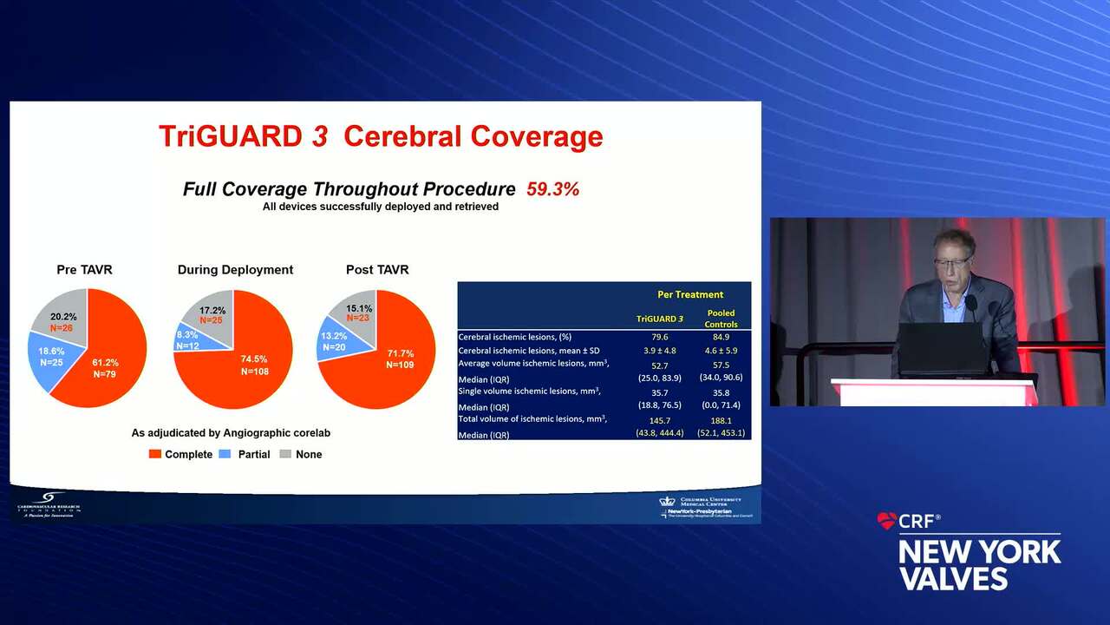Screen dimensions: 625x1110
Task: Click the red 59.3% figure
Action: [x=552, y=189]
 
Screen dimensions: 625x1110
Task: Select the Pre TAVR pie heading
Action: [x=84, y=270]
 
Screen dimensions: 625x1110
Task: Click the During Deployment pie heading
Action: [x=235, y=270]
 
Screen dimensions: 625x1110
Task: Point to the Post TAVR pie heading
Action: [x=377, y=270]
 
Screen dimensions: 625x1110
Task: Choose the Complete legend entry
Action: [x=180, y=454]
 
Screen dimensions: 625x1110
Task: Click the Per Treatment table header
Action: [x=689, y=294]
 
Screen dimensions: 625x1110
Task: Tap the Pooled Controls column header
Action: [x=721, y=319]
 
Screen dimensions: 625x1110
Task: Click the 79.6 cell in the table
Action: [x=659, y=337]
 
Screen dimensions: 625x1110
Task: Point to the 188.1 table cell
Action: [x=721, y=420]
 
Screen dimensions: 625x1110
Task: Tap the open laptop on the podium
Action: [x=943, y=349]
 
